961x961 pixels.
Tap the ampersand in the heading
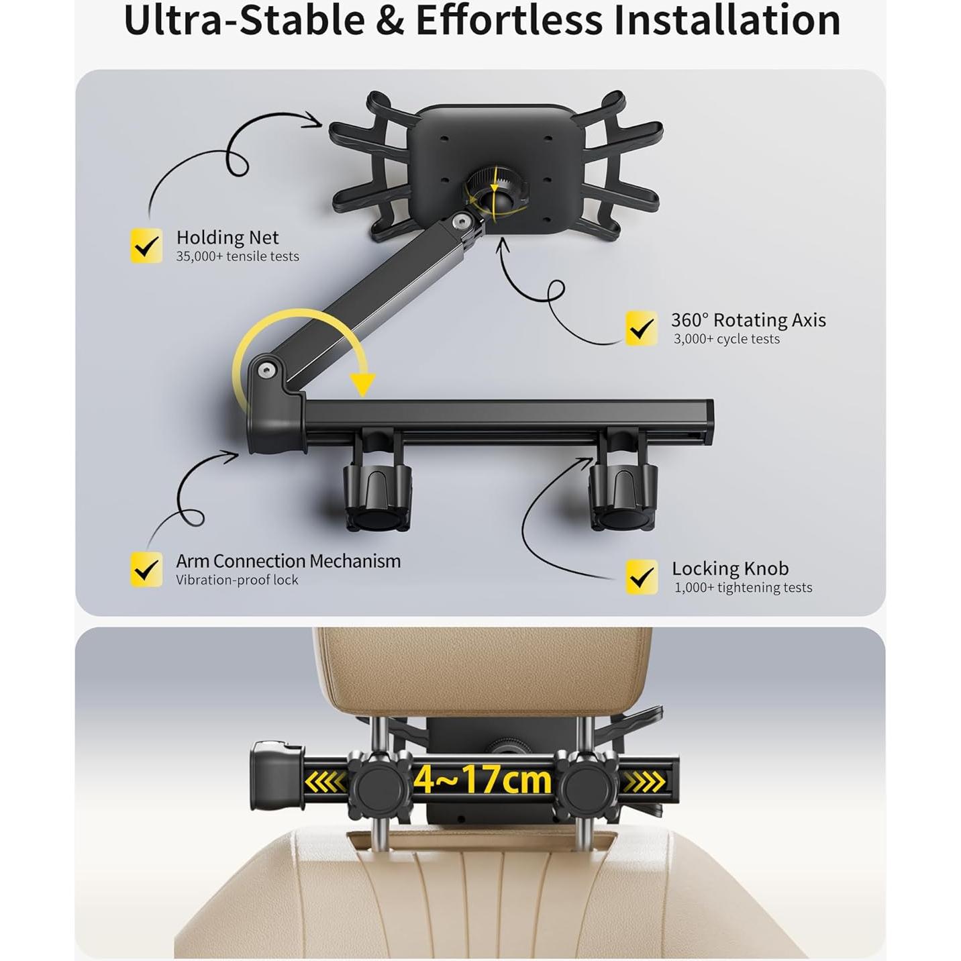[391, 20]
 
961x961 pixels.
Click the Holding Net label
[227, 238]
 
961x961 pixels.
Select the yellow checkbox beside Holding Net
[146, 246]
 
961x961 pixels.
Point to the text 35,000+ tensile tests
[238, 256]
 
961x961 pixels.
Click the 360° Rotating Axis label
[748, 320]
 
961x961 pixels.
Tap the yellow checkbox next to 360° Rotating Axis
[642, 328]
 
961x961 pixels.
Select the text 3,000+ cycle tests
[727, 339]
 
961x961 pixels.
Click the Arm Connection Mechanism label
[289, 561]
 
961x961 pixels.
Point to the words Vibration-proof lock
[237, 580]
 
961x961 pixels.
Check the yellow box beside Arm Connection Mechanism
[146, 570]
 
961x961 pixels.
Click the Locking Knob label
[730, 568]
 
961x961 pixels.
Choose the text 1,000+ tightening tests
[743, 588]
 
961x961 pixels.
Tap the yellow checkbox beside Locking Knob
[642, 577]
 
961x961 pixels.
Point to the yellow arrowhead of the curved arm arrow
[363, 385]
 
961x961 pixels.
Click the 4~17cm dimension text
[483, 780]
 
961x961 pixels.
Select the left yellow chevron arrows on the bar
[325, 782]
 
